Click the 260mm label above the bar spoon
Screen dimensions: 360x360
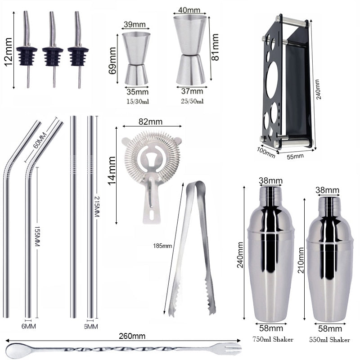133,336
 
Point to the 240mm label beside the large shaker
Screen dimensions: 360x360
240,254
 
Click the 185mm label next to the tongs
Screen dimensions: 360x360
163,245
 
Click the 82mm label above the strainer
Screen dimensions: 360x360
151,121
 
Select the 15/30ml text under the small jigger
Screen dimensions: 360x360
137,102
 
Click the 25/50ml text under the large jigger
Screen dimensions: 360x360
192,101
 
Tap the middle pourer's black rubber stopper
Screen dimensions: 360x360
53,56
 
